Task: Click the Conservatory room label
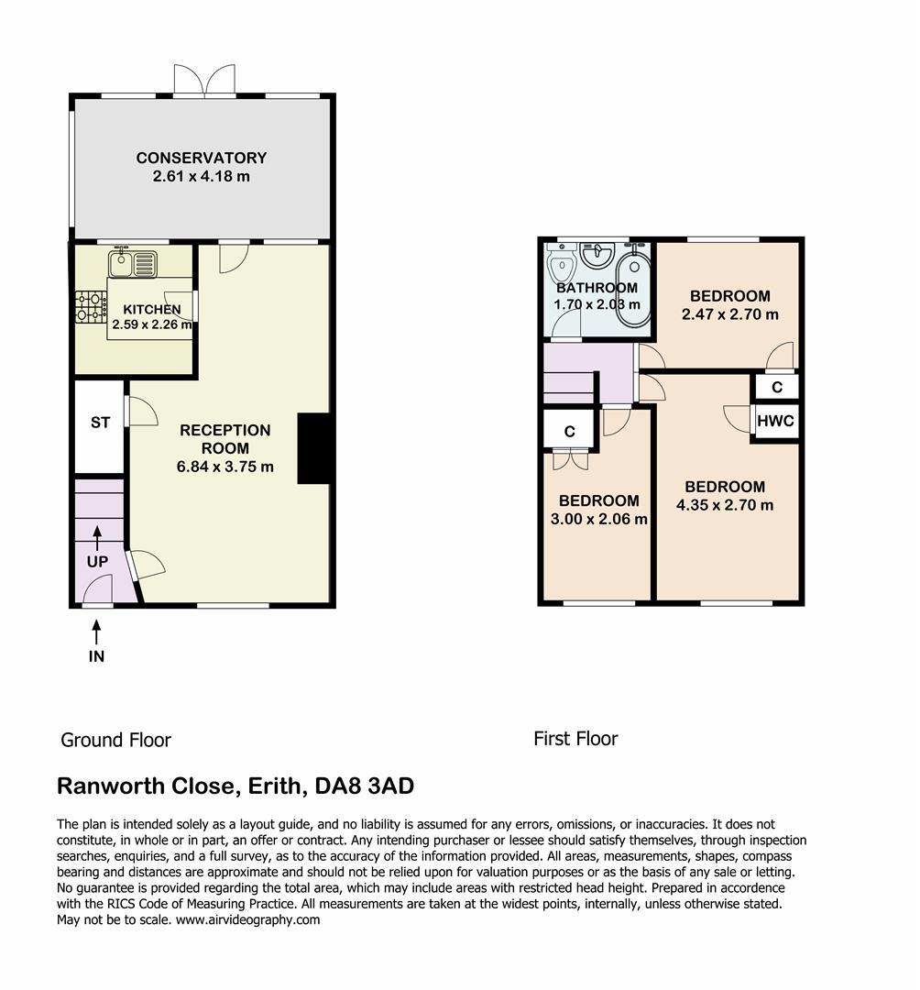coord(202,158)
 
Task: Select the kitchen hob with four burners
coord(91,307)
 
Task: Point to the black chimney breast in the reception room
coord(313,449)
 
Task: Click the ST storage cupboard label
coord(100,423)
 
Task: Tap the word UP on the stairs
coord(97,561)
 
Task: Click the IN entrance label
coord(96,656)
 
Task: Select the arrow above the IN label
coord(96,632)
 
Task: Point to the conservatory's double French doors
coord(204,80)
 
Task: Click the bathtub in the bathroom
coord(632,290)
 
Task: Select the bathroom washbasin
coord(597,255)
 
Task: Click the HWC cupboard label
coord(775,421)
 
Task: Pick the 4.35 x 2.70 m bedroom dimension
coord(725,505)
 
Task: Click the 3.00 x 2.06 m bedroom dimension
coord(598,519)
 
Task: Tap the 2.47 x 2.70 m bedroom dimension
coord(730,313)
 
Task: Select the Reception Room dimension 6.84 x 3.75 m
coord(225,467)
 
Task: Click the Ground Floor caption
coord(116,740)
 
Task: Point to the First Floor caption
coord(575,739)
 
